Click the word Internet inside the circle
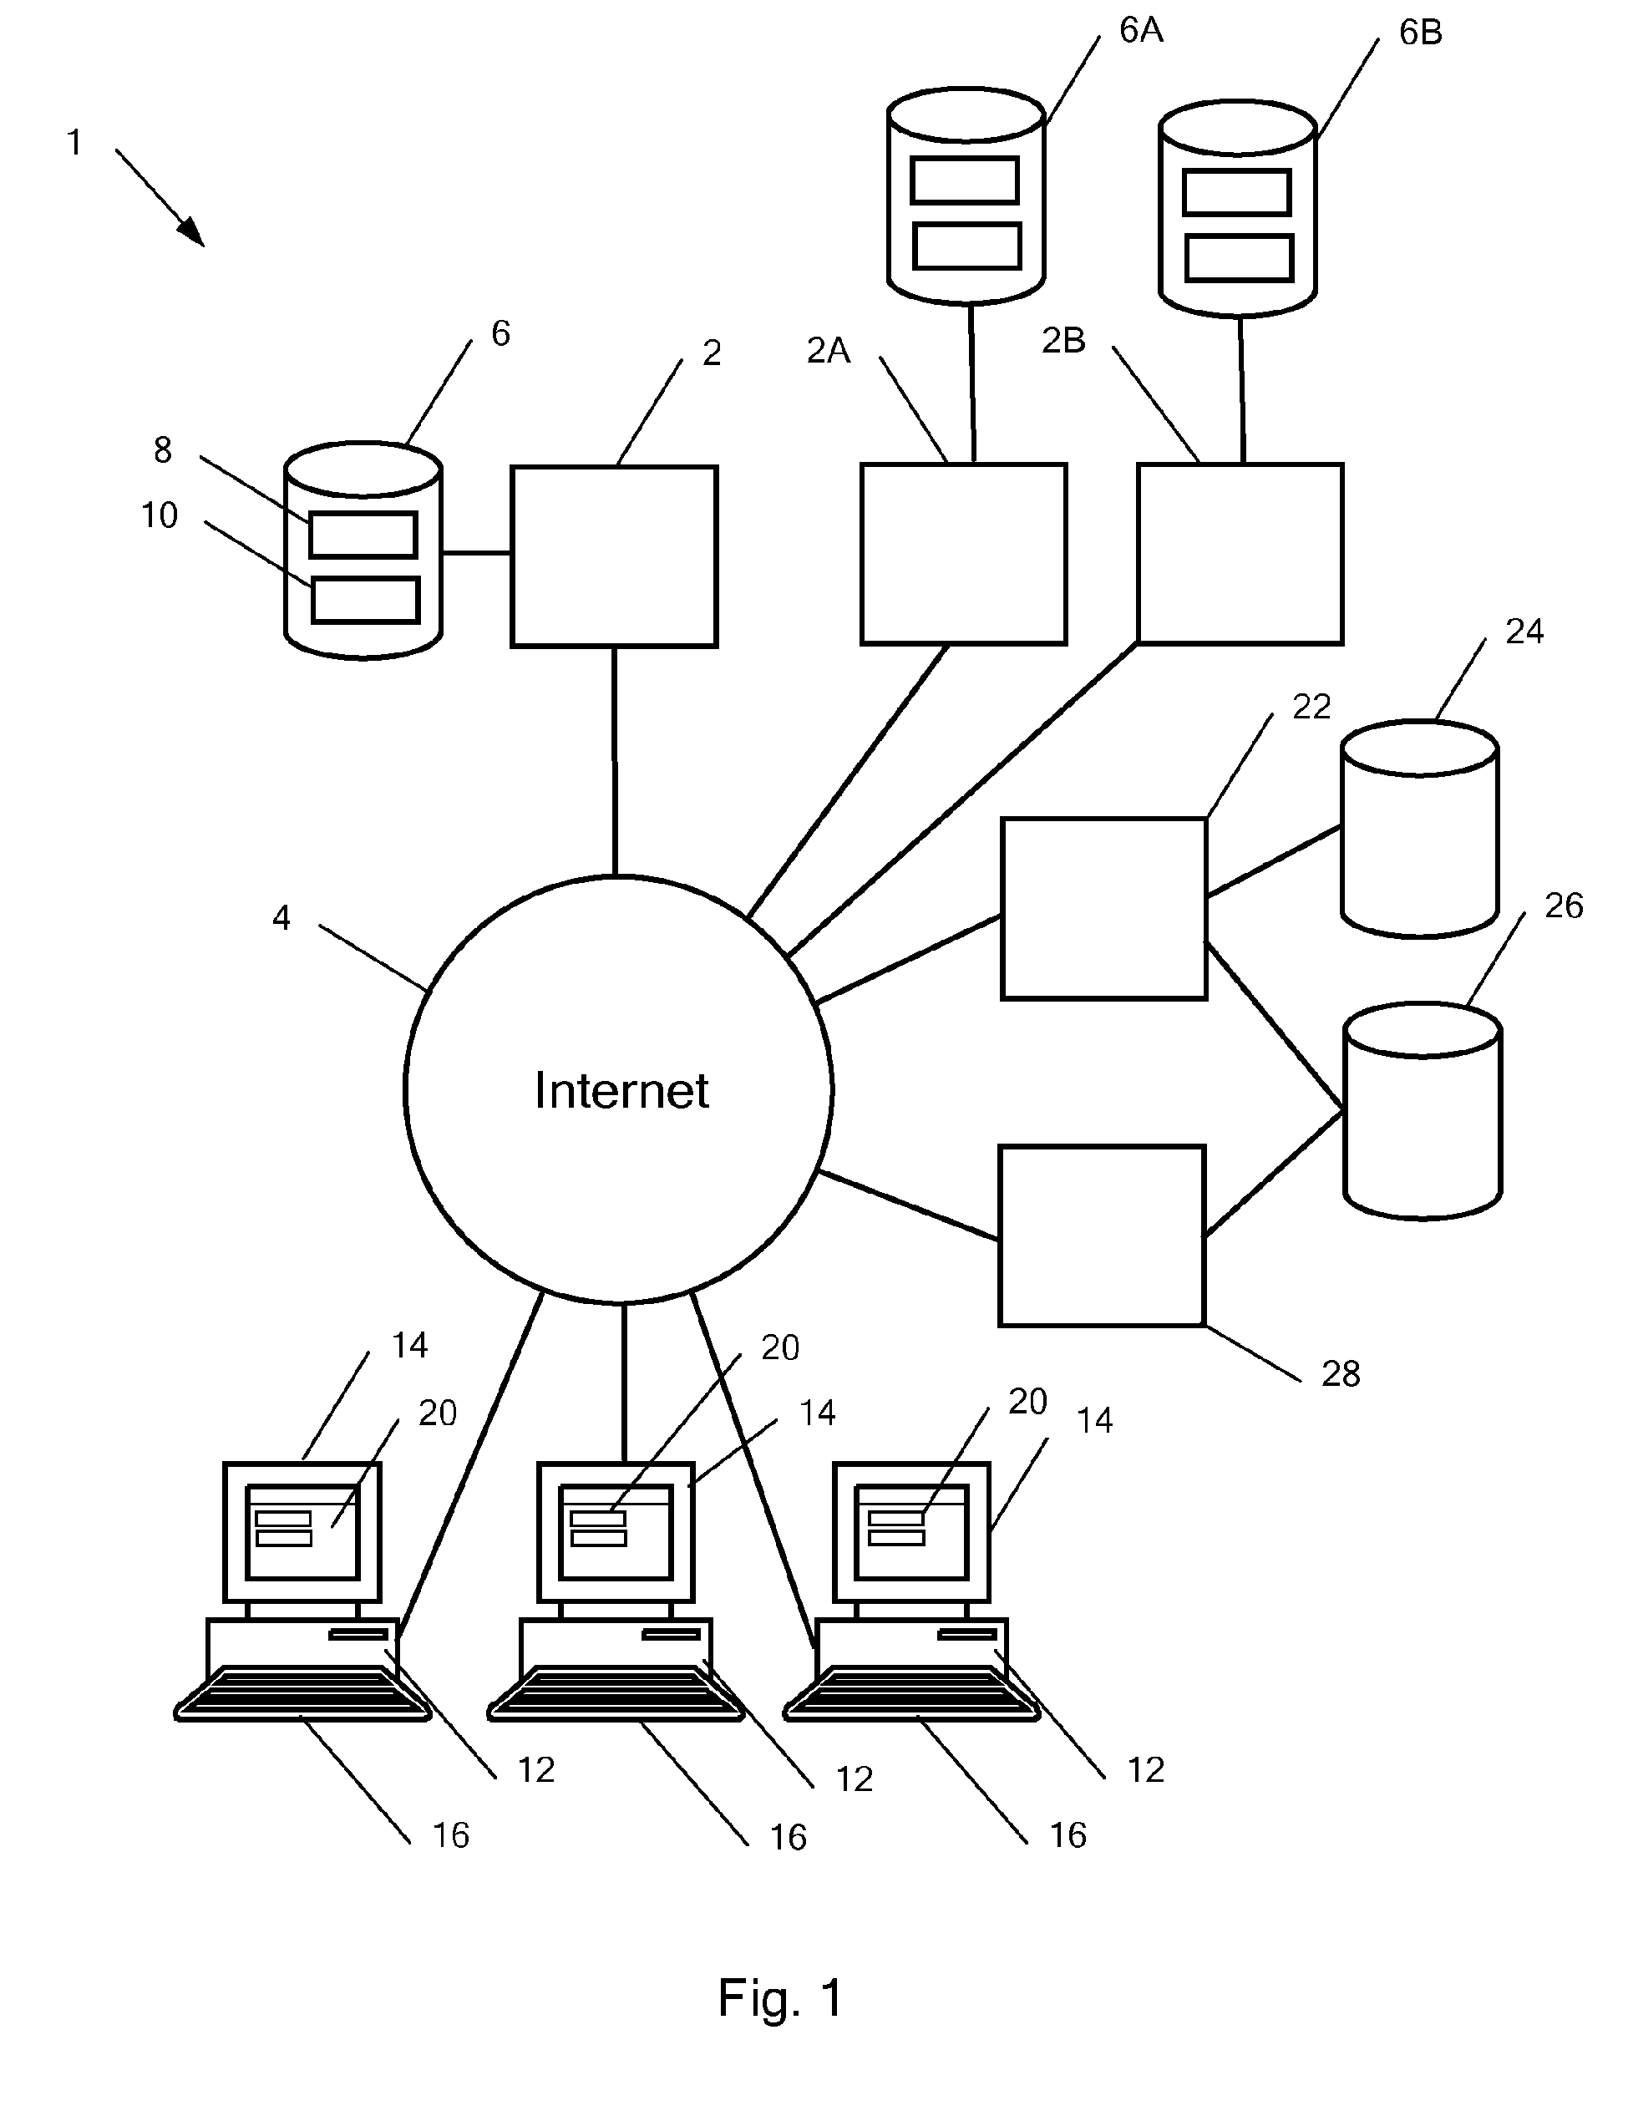point(621,1090)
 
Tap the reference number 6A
point(1140,31)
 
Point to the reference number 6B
point(1420,33)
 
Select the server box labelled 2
point(615,556)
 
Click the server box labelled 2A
point(963,554)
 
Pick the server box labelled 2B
point(1240,554)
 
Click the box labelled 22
point(1103,908)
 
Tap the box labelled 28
point(1102,1236)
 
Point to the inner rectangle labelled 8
point(363,535)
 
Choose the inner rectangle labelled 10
point(365,600)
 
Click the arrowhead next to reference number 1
point(191,232)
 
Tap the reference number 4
point(281,916)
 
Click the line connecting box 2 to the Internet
point(615,761)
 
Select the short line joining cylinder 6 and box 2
point(477,553)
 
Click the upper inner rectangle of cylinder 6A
point(965,180)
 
